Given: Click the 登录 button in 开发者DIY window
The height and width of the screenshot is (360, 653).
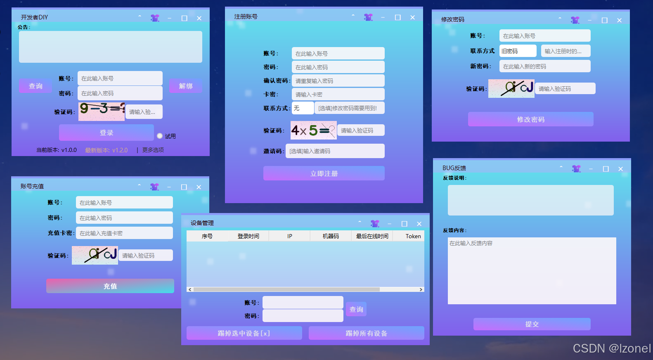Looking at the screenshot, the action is pyautogui.click(x=106, y=133).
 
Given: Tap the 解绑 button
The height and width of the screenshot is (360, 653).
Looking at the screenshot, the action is pyautogui.click(x=186, y=86).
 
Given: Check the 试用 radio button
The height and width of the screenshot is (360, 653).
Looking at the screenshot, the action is pyautogui.click(x=160, y=136).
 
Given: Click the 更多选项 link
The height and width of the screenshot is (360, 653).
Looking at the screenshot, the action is pyautogui.click(x=153, y=150).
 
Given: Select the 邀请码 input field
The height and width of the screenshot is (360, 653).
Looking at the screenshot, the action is pyautogui.click(x=335, y=151).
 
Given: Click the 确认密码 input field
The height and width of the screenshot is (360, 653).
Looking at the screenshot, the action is pyautogui.click(x=338, y=81).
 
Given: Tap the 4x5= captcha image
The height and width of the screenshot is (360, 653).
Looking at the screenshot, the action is pyautogui.click(x=313, y=130).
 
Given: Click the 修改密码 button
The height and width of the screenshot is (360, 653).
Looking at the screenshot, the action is pyautogui.click(x=530, y=119).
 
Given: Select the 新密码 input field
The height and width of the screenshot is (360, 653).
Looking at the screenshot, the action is pyautogui.click(x=544, y=66).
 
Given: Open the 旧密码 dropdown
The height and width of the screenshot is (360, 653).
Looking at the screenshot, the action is pyautogui.click(x=518, y=51).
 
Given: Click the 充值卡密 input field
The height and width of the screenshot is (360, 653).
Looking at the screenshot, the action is pyautogui.click(x=124, y=233).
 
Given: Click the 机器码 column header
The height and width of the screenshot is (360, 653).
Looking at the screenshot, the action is pyautogui.click(x=331, y=236).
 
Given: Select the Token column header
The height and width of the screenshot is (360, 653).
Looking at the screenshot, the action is pyautogui.click(x=413, y=236).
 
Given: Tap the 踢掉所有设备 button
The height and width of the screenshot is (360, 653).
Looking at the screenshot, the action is pyautogui.click(x=366, y=333).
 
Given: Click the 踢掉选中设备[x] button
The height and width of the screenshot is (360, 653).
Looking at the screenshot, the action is pyautogui.click(x=244, y=333).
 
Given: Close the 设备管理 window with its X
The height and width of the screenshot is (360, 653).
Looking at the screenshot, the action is pyautogui.click(x=419, y=224).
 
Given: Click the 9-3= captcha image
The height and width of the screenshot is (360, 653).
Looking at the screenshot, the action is pyautogui.click(x=102, y=111).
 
